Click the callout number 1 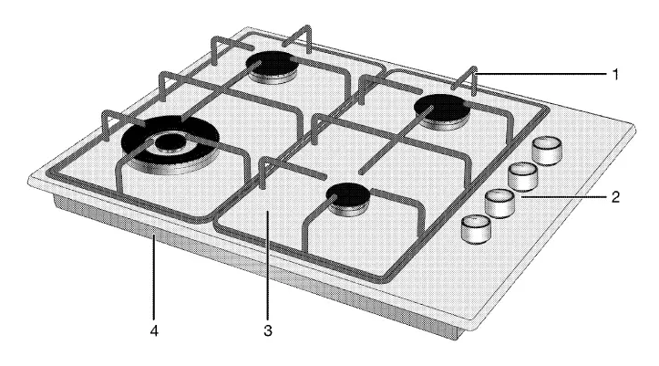click(616, 75)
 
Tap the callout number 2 click(616, 195)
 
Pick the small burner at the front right click(349, 195)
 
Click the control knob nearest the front click(475, 229)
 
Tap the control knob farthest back click(547, 149)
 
